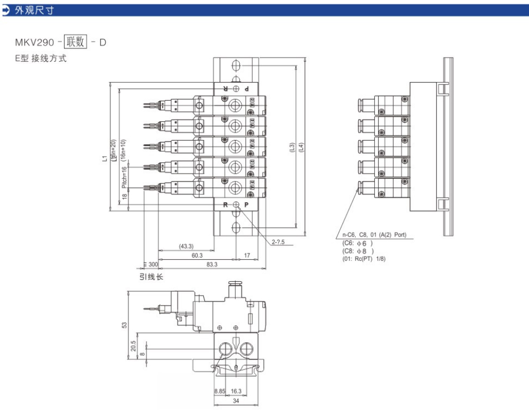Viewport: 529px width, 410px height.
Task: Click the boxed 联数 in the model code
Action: (75, 42)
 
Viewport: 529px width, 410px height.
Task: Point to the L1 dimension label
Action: (105, 157)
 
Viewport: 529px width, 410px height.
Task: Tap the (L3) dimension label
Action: (292, 149)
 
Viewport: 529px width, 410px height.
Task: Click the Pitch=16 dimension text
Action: (124, 177)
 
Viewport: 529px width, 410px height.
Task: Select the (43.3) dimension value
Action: (186, 246)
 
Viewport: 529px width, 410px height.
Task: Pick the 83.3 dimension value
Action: (212, 265)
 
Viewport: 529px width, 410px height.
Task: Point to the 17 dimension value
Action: (247, 256)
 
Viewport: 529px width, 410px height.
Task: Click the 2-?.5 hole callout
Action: (278, 242)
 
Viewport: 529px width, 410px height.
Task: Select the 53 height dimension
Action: (124, 325)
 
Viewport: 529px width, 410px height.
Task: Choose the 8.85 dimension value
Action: (220, 391)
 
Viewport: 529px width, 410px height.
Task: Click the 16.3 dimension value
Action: (236, 391)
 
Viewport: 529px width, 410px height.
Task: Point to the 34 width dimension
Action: (235, 401)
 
